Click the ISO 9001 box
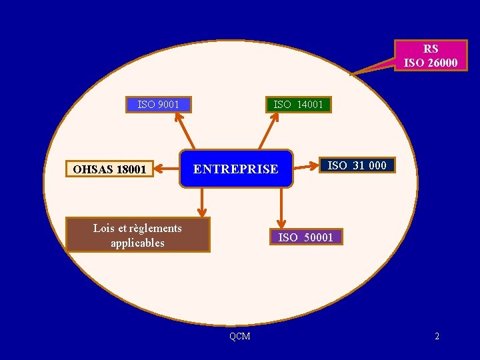point(158,105)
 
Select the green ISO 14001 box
point(298,105)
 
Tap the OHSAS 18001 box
point(109,169)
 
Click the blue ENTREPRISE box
point(236,169)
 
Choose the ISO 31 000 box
point(357,165)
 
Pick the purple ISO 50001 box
point(305,237)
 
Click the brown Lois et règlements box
point(137,235)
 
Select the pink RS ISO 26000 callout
point(430,56)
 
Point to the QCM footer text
point(239,336)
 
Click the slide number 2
point(437,336)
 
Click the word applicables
point(137,243)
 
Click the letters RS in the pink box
point(431,49)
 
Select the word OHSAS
point(93,169)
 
